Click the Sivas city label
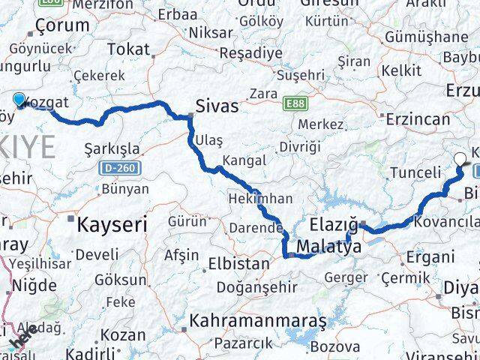(x=217, y=106)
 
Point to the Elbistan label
(x=238, y=264)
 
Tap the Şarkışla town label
(x=112, y=146)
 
